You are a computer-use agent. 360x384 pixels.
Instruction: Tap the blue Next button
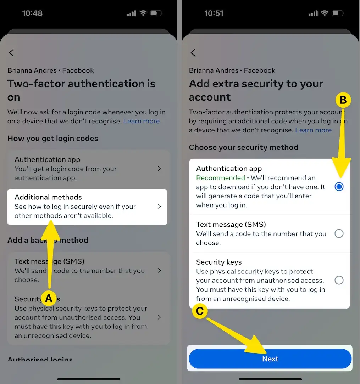pos(270,359)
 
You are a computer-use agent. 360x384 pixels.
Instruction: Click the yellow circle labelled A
pos(49,298)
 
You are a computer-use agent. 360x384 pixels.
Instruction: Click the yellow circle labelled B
pos(343,100)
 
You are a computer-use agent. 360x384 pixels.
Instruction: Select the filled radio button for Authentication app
pos(339,187)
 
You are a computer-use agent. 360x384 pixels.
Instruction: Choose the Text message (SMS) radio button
pos(339,233)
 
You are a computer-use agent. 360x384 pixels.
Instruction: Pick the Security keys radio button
pos(339,281)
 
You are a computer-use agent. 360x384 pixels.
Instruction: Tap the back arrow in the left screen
pos(11,53)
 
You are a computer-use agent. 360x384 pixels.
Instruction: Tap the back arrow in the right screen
pos(193,53)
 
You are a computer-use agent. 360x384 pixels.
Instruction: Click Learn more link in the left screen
pos(142,121)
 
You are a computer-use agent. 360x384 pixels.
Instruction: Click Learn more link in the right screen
pos(314,130)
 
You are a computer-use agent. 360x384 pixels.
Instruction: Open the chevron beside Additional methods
pos(159,206)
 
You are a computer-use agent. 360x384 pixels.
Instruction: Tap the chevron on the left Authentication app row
pos(159,169)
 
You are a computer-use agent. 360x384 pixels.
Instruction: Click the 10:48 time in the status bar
pos(32,13)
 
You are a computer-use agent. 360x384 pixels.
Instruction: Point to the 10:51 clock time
pos(214,13)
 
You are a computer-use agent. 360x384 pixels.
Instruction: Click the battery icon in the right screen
pos(338,13)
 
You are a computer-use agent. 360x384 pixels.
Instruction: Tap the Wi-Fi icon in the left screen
pos(143,13)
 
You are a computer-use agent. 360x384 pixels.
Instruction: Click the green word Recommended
pos(221,178)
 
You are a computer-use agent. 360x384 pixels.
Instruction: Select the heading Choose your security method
pos(243,147)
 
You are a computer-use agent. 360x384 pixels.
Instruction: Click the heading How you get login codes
pos(53,138)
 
